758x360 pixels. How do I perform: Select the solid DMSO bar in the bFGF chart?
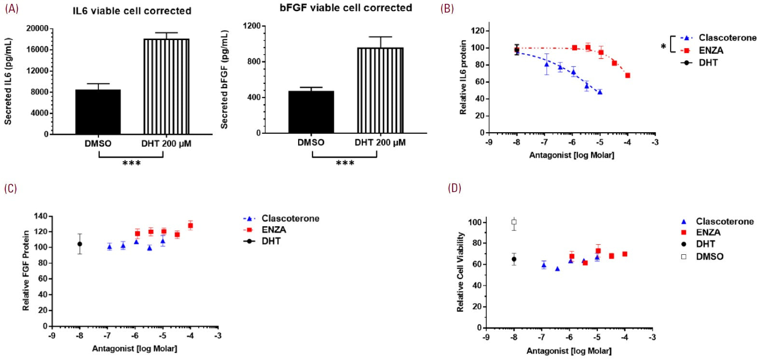click(x=311, y=112)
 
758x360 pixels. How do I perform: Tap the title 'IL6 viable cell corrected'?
click(x=132, y=11)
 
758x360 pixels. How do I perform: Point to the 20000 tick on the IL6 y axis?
click(x=37, y=29)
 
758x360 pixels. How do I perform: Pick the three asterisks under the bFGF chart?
click(x=345, y=164)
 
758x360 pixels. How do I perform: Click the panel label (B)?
click(x=447, y=9)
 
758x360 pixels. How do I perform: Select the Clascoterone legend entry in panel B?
click(x=727, y=38)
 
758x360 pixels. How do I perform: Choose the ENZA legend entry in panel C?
click(x=274, y=230)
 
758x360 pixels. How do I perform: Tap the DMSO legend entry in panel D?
click(x=709, y=257)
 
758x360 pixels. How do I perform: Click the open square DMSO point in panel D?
click(x=514, y=222)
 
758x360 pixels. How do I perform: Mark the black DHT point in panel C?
click(x=80, y=244)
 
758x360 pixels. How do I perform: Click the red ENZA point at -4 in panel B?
click(x=627, y=75)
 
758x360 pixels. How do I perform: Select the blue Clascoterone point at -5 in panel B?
click(x=600, y=92)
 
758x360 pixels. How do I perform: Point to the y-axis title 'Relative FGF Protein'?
click(x=26, y=270)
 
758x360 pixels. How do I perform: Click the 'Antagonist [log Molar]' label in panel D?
click(x=569, y=351)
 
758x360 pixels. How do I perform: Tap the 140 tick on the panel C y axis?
click(x=40, y=216)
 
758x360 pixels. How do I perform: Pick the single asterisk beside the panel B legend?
click(x=663, y=46)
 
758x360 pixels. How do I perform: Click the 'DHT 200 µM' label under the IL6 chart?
click(x=166, y=143)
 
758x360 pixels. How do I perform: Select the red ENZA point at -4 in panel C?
click(x=191, y=225)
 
